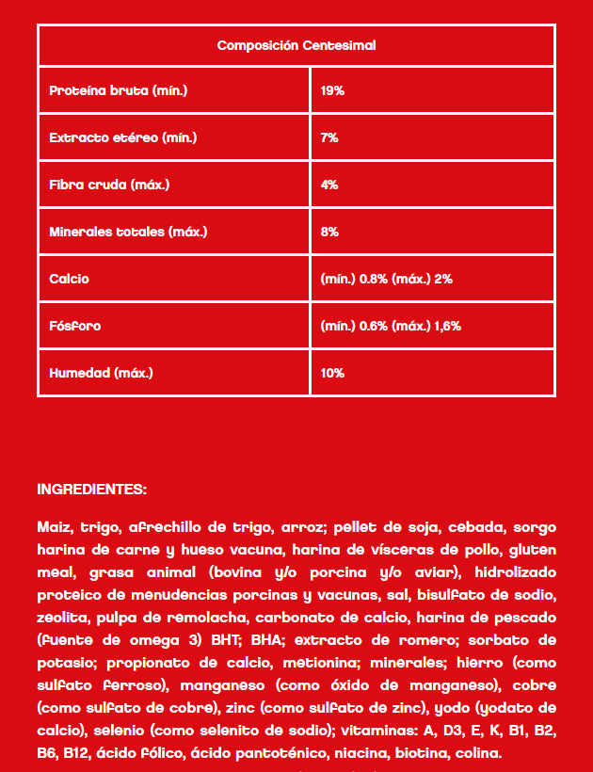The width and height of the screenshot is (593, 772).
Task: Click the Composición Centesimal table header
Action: (x=296, y=45)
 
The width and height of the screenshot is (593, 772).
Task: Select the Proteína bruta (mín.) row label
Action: (x=119, y=91)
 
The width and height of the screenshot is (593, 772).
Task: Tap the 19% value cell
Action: (x=332, y=91)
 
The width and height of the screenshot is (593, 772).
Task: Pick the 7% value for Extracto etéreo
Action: (x=329, y=138)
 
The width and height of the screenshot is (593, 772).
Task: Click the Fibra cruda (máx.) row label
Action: (x=109, y=185)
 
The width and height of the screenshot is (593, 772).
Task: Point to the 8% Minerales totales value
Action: (x=329, y=232)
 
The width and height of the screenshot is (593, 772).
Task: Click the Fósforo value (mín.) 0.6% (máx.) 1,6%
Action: (x=391, y=326)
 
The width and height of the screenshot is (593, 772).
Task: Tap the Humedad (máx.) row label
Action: (x=101, y=373)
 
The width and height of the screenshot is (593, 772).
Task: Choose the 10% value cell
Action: (x=332, y=373)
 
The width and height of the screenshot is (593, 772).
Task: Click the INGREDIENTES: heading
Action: (x=91, y=490)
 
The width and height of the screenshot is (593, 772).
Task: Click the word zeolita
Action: (x=62, y=619)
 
